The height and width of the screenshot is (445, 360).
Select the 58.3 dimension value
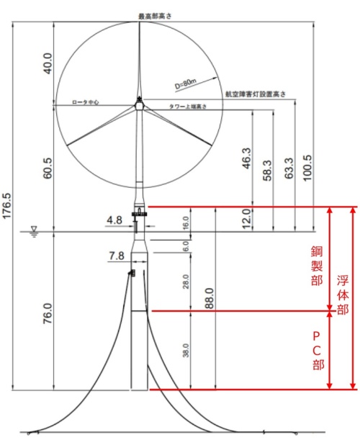(268, 172)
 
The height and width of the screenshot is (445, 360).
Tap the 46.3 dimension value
(248, 160)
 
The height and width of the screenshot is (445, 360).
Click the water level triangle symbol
(34, 230)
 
